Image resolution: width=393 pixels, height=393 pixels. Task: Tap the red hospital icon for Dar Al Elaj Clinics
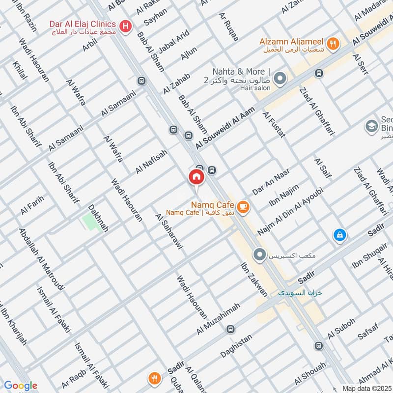(126, 26)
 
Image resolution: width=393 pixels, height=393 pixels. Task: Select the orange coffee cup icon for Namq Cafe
(243, 207)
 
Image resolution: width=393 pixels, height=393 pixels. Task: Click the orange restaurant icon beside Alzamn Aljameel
(334, 43)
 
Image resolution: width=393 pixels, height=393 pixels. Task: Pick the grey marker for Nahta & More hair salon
(280, 78)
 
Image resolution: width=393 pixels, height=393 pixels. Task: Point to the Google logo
(20, 385)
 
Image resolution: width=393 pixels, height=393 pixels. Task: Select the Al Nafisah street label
(152, 162)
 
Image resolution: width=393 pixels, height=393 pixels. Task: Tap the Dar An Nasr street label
(271, 182)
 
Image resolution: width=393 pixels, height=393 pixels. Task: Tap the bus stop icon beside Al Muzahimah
(231, 329)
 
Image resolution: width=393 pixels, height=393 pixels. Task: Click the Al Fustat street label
(274, 125)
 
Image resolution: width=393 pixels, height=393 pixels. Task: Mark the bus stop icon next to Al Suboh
(319, 346)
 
